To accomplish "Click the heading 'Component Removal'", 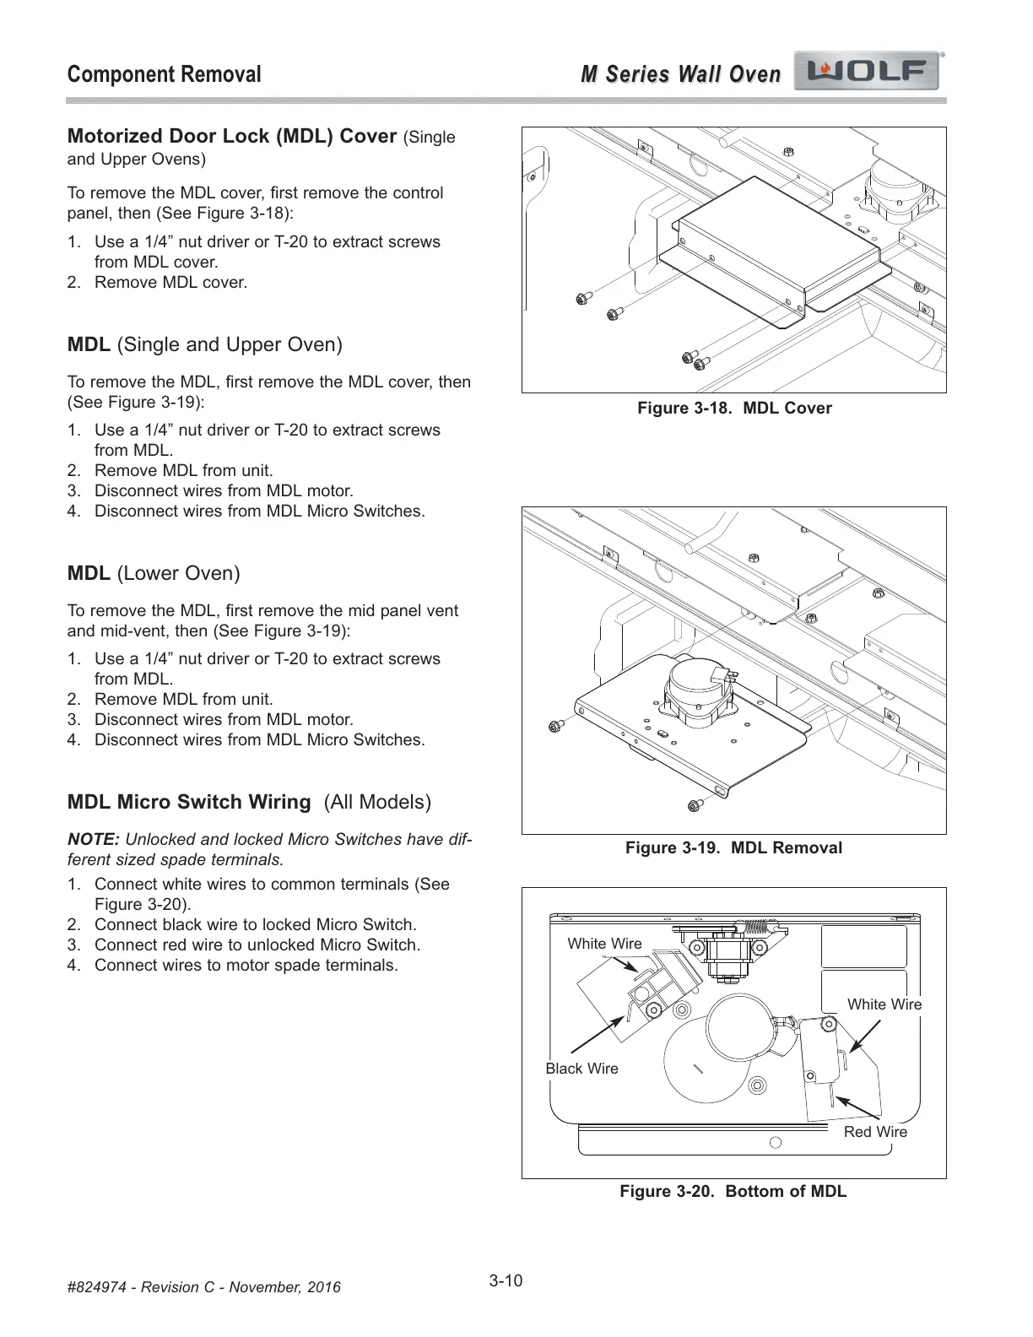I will [x=164, y=74].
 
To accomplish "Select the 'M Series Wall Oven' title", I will [x=680, y=74].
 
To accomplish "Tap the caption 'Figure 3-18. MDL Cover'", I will [x=733, y=409].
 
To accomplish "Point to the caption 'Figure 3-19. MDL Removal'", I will [x=733, y=847].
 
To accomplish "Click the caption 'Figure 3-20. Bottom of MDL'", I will [x=733, y=1191].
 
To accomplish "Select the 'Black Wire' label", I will [x=581, y=1069].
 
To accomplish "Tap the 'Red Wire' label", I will [x=875, y=1132].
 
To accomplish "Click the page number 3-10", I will [x=506, y=1280].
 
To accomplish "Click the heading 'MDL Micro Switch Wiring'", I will [x=189, y=802].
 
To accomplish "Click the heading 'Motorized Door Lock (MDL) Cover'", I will [x=232, y=137].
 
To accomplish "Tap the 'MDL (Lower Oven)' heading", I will [x=154, y=574].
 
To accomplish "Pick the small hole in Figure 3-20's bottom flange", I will [x=776, y=1143].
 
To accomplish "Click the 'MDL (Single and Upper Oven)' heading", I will [x=205, y=345].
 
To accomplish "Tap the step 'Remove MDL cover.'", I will [x=170, y=282].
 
